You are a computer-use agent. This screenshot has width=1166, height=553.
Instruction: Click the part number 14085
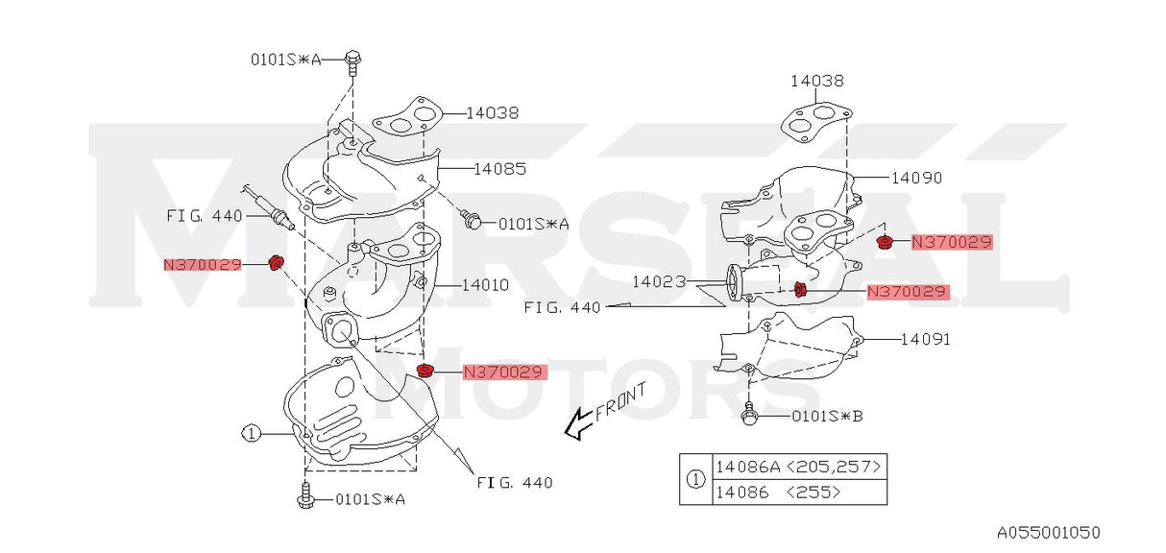(x=499, y=169)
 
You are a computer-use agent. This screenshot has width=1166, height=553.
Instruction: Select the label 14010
(x=485, y=284)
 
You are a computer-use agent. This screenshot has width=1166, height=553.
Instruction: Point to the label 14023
(x=659, y=282)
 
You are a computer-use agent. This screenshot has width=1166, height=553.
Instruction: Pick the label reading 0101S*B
(x=828, y=417)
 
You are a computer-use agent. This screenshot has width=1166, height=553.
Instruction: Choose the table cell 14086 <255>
(x=778, y=492)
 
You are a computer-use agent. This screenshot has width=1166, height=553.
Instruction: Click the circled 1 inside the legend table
(x=694, y=478)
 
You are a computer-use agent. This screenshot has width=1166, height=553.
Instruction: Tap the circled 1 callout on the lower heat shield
(x=251, y=433)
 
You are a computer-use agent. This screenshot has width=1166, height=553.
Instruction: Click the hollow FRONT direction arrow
(x=578, y=423)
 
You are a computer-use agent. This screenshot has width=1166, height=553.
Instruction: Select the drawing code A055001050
(x=1047, y=532)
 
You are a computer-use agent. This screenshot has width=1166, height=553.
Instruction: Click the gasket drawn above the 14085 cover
(x=405, y=117)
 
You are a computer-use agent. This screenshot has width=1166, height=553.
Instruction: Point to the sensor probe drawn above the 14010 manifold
(x=264, y=204)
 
